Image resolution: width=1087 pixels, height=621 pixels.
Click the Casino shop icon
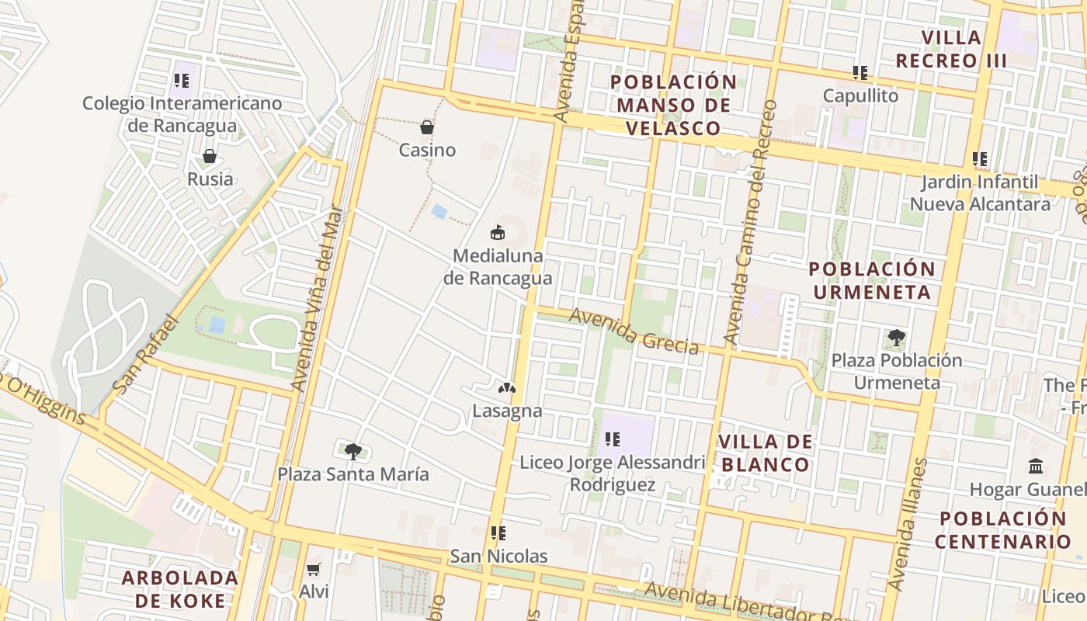click(426, 127)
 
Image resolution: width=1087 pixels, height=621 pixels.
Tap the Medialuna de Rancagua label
click(498, 267)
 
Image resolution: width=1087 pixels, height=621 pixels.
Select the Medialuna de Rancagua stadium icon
click(498, 232)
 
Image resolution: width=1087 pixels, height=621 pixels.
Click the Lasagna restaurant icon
click(506, 387)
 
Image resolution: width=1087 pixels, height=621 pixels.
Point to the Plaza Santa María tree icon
click(353, 451)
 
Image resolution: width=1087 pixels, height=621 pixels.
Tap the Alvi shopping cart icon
click(314, 570)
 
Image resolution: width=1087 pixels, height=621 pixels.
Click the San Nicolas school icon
click(498, 533)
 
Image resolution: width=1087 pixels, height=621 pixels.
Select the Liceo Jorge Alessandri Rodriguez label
click(613, 474)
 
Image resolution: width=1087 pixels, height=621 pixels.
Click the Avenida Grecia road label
click(634, 331)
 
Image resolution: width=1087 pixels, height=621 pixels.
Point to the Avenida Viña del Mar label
click(317, 298)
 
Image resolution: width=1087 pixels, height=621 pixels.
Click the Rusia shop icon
click(210, 157)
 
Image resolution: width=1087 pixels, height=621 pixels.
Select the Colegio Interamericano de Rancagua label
click(182, 114)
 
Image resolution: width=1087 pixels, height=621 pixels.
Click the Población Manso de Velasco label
click(673, 105)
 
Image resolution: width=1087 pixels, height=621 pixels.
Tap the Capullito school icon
click(860, 73)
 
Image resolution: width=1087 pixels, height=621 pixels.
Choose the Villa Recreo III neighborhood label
click(951, 49)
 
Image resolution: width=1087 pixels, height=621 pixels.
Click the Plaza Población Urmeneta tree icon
click(897, 338)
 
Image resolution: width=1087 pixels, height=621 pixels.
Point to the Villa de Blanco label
click(765, 453)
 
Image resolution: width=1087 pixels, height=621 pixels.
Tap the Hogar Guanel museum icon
click(1036, 467)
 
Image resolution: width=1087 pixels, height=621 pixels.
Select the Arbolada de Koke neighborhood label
click(179, 589)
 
